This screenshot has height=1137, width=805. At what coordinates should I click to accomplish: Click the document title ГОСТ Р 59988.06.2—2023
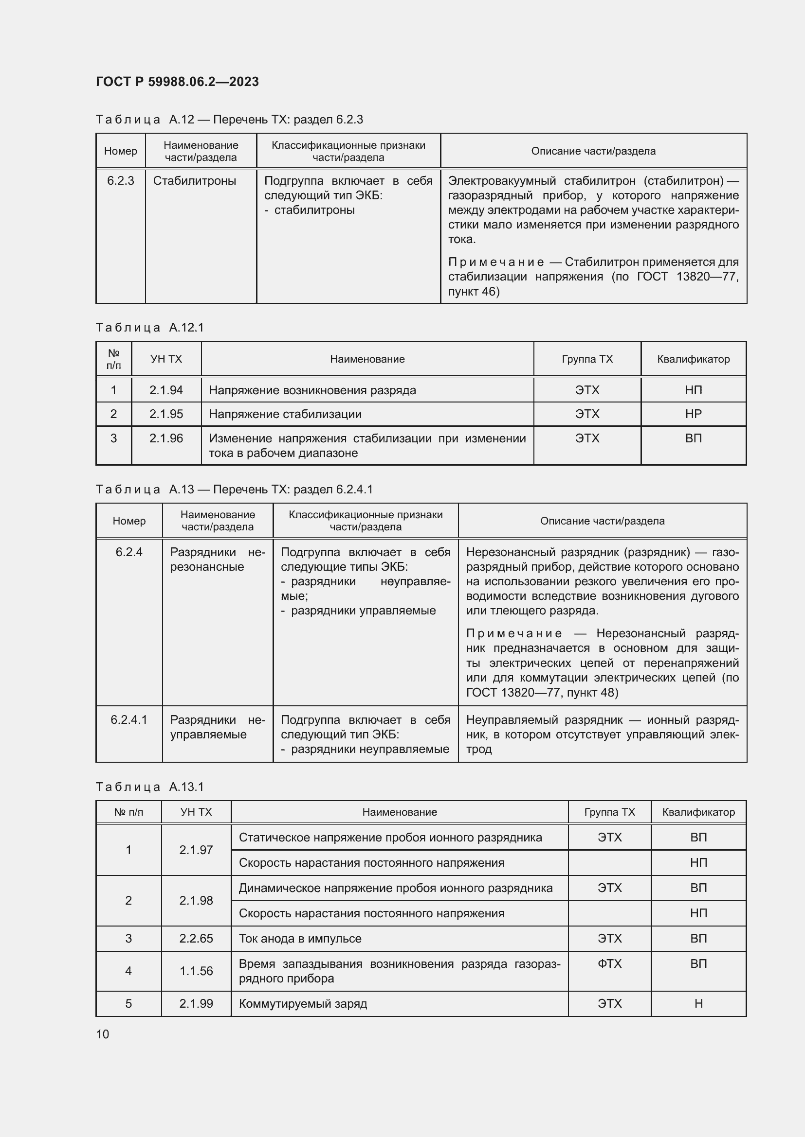[177, 82]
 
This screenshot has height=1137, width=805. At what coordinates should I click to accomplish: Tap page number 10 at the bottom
[103, 1034]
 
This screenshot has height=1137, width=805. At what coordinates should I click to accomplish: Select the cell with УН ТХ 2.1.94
[166, 390]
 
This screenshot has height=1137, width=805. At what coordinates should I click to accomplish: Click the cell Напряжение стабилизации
[285, 414]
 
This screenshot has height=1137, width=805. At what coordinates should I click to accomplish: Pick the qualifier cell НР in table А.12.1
[693, 414]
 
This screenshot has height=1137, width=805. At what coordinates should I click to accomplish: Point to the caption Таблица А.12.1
[150, 327]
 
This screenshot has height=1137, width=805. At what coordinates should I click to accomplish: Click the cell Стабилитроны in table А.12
[194, 181]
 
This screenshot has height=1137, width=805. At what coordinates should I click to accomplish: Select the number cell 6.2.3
[120, 181]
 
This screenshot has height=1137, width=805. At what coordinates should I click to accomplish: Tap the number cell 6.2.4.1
[129, 719]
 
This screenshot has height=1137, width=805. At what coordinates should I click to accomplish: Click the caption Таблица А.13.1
[150, 787]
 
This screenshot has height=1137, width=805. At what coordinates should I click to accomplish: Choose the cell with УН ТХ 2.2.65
[196, 938]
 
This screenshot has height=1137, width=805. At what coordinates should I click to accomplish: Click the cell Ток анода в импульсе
[300, 938]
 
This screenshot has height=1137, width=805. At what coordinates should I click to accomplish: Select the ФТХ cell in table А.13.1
[609, 963]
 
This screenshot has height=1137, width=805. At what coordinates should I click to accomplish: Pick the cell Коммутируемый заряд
[303, 1004]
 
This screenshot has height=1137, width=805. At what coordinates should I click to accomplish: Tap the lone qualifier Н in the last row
[698, 1004]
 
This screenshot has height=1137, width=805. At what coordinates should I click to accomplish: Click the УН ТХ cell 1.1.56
[196, 971]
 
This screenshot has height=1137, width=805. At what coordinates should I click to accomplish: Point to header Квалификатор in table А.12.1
[693, 359]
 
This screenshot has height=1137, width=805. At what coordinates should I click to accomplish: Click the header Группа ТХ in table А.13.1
[609, 812]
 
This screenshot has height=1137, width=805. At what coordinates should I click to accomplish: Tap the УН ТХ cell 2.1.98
[196, 900]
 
